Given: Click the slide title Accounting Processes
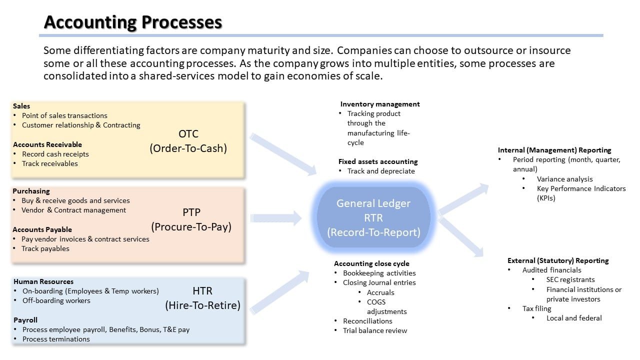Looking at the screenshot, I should tap(133, 22).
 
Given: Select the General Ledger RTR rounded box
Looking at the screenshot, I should tap(373, 217).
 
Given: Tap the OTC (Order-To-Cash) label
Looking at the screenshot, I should tap(188, 141).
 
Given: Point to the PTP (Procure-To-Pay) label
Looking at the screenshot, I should tap(191, 219).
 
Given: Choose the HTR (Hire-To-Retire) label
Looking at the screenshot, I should tap(202, 298).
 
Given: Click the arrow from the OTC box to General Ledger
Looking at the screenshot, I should tap(283, 154).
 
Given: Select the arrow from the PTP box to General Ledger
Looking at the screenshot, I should tap(277, 218).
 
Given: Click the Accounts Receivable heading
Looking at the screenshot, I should tap(47, 144).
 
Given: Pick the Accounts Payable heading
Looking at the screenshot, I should tap(42, 229).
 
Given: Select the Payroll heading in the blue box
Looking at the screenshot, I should tap(25, 320).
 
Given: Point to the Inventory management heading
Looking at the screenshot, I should tap(380, 104).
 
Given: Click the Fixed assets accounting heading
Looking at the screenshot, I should tap(378, 161).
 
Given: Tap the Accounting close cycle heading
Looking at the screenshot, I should tap(371, 263).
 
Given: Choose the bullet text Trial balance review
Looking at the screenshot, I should tap(375, 330).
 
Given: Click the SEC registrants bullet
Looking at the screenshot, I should tap(570, 279).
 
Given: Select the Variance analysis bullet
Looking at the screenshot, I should tap(564, 179).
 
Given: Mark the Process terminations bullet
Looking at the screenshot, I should tap(56, 339).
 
